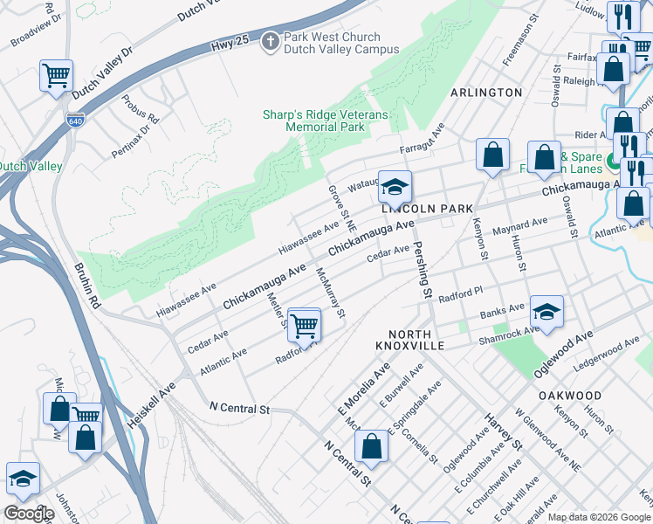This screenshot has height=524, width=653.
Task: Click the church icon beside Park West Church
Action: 271,41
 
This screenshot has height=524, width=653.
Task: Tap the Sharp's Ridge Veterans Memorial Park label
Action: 325,121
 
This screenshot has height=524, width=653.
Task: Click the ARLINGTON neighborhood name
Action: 486,93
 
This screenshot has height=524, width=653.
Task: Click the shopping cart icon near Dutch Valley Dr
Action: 56,75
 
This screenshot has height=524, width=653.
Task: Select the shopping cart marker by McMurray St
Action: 304,325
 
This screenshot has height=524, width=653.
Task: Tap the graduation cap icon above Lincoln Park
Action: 395,186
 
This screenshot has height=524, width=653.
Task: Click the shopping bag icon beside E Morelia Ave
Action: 372,445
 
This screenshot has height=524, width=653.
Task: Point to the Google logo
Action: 29,514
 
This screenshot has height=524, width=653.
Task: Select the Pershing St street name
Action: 423,270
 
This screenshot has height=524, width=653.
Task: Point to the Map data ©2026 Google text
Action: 599,517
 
